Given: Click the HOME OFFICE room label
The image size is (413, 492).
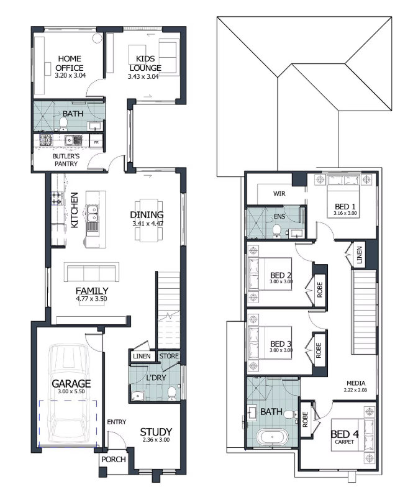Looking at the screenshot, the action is [70, 63].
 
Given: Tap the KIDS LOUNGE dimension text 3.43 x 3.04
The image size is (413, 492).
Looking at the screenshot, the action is [143, 76].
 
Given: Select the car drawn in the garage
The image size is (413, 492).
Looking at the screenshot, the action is [68, 394].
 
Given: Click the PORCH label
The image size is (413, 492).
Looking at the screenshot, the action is [114, 459].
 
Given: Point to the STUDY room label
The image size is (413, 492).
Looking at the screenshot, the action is [156, 432].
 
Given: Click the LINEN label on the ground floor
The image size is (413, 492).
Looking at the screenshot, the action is [142, 356].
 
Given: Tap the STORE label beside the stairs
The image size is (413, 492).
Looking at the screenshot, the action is [169, 356].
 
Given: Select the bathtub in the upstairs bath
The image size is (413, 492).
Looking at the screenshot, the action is [272, 437].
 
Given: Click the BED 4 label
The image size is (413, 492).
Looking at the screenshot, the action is [344, 434].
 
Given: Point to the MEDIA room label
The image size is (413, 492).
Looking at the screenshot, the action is [356, 383].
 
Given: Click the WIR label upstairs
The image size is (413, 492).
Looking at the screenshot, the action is [279, 194].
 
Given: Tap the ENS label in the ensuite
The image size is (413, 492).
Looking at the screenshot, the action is [279, 217].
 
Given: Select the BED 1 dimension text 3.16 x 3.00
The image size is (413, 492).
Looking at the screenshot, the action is [345, 213].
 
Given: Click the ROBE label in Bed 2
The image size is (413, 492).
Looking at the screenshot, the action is [320, 289].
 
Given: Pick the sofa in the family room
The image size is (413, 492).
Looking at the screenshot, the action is [91, 272].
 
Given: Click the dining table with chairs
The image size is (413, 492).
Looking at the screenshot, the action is [149, 220].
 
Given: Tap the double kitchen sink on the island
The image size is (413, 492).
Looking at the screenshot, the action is [93, 212].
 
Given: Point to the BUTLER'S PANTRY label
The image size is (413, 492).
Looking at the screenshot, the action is [66, 160].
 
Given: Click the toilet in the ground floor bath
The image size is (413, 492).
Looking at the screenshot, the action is [63, 124].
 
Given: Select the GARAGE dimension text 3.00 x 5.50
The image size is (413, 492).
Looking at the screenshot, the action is [71, 391].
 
